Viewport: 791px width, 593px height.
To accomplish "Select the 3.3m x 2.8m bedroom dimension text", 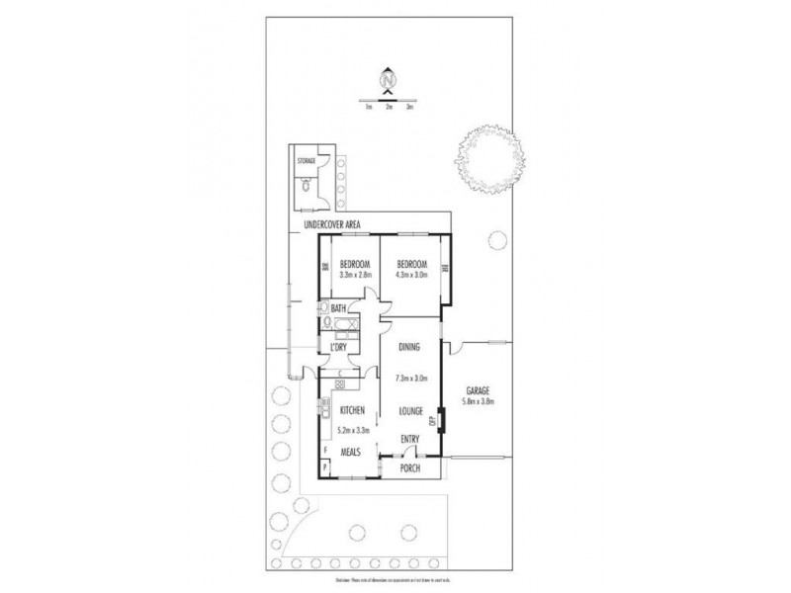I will pos(354,276).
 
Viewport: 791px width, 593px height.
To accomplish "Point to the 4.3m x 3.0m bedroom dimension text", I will pos(411,276).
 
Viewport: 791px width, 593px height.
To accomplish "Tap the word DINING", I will pos(410,348).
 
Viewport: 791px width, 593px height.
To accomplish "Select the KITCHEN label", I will pos(354,410).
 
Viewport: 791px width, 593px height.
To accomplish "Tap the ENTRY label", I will pos(410,439).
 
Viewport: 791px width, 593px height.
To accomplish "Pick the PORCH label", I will pos(410,468).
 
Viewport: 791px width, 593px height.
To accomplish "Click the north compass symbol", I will pos(389,78).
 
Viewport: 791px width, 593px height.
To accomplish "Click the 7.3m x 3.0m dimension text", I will pos(410,378).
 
